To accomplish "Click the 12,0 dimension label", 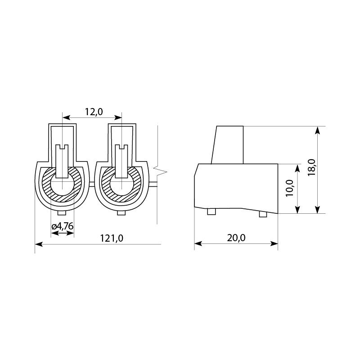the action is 94,112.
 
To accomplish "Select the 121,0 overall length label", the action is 112,238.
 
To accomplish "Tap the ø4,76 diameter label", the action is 63,226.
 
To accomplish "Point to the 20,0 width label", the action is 236,238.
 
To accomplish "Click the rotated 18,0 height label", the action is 312,167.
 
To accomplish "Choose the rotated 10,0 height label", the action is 290,188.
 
